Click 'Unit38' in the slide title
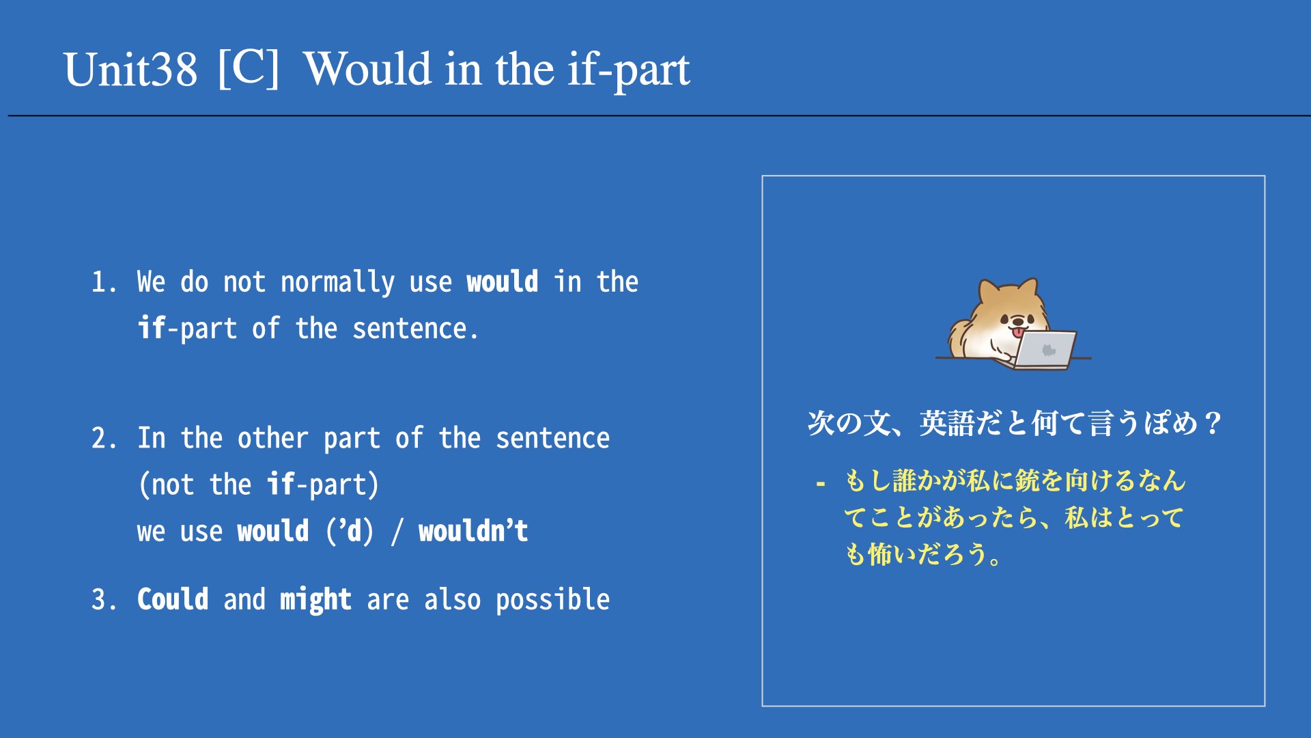point(130,70)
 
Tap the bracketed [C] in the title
point(249,68)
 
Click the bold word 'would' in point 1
point(503,282)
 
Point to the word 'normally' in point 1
point(337,283)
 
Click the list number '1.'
point(104,282)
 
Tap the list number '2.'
point(104,438)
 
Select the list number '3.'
point(104,600)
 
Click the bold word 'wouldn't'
point(473,531)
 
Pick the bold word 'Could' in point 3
point(173,599)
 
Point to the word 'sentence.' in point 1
point(415,329)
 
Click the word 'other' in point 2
point(273,438)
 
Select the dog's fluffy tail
point(960,338)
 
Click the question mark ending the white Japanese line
point(1213,424)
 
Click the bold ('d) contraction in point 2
point(350,532)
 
